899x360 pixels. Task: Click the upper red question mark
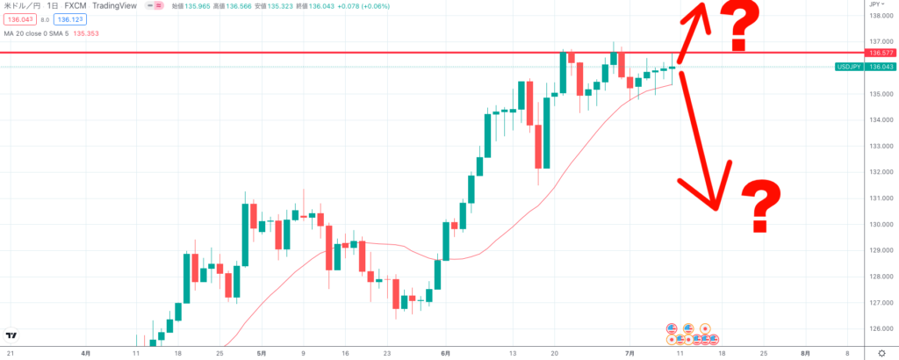(739, 25)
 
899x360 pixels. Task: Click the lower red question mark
(762, 205)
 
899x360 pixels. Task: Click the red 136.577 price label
(879, 53)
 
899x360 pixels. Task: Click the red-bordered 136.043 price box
(19, 18)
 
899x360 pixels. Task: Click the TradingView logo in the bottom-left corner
(11, 335)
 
